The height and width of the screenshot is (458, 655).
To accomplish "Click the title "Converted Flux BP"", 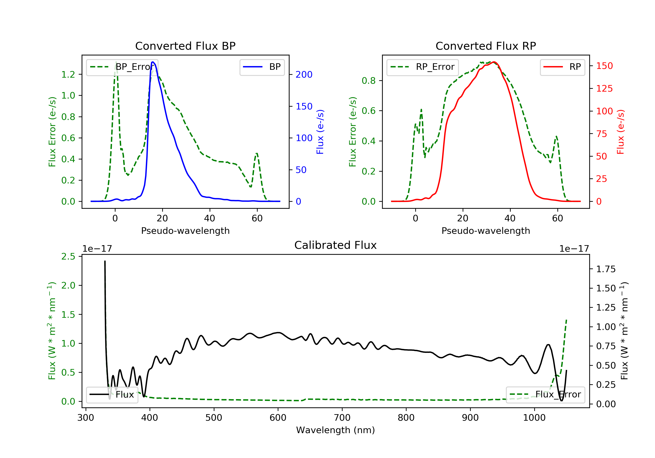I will pyautogui.click(x=185, y=46).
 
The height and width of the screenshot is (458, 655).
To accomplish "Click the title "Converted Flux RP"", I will pyautogui.click(x=486, y=46).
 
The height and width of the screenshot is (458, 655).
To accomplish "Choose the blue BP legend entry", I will pyautogui.click(x=262, y=67).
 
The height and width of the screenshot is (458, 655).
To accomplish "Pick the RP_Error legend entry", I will pyautogui.click(x=422, y=67).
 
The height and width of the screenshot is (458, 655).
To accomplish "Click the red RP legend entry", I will pyautogui.click(x=562, y=67).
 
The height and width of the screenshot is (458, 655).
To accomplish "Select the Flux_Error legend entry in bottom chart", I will pyautogui.click(x=545, y=395).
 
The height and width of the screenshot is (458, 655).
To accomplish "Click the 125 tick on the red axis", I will pyautogui.click(x=604, y=89).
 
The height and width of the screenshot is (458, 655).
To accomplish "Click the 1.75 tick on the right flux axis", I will pyautogui.click(x=606, y=269).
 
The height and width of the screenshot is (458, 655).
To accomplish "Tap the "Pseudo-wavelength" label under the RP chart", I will pyautogui.click(x=486, y=231).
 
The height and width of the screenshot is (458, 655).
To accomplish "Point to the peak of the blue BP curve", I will pyautogui.click(x=153, y=62).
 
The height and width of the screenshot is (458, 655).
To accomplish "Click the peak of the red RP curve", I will pyautogui.click(x=494, y=62).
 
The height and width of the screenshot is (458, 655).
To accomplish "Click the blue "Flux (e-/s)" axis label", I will pyautogui.click(x=320, y=132).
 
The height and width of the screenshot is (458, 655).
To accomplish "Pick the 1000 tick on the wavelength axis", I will pyautogui.click(x=534, y=418).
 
